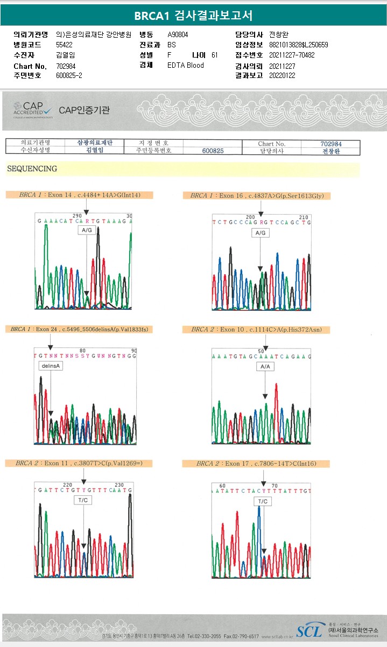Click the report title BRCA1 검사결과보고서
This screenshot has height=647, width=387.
[x=193, y=16]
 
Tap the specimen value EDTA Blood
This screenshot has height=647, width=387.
[x=186, y=66]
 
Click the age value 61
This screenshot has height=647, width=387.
[x=215, y=55]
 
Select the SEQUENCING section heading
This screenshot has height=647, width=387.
[x=32, y=169]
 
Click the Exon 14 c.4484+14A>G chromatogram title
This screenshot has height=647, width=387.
[x=79, y=195]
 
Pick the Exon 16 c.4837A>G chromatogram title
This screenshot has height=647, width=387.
[x=259, y=196]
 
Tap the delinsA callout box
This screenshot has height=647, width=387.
[x=51, y=366]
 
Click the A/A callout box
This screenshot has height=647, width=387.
[x=264, y=366]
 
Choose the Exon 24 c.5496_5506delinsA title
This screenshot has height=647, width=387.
[x=79, y=329]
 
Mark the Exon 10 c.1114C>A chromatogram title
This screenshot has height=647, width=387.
[x=259, y=329]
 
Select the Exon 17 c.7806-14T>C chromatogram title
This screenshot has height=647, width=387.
[x=259, y=464]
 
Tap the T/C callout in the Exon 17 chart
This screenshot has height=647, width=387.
[x=263, y=501]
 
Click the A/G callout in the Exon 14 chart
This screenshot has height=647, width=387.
[x=87, y=230]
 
